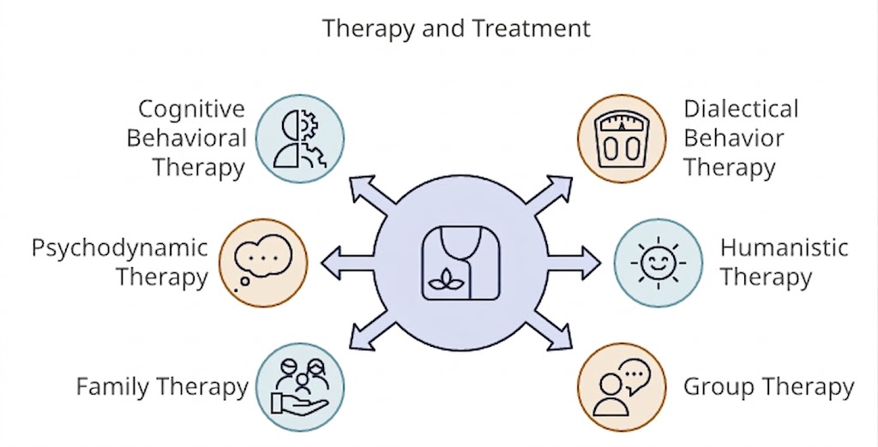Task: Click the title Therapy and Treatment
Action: (456, 28)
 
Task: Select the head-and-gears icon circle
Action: (300, 138)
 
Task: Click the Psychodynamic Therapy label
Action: (120, 262)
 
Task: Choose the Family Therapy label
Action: (162, 386)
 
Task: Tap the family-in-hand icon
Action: (300, 386)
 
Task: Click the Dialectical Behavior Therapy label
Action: (740, 138)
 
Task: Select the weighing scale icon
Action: (622, 137)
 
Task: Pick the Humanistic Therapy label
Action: (783, 262)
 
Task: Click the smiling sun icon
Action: (659, 262)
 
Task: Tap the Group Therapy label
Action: (768, 386)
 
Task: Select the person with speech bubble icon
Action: (622, 386)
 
